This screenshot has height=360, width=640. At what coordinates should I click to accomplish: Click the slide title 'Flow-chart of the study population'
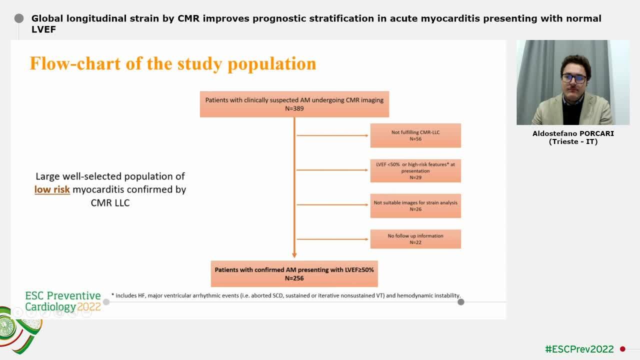pyautogui.click(x=173, y=64)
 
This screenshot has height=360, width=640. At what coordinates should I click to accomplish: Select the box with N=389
pyautogui.click(x=294, y=104)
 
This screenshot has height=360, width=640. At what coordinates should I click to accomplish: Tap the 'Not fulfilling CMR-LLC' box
pyautogui.click(x=415, y=135)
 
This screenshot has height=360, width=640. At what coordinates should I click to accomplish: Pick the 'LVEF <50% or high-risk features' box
pyautogui.click(x=415, y=170)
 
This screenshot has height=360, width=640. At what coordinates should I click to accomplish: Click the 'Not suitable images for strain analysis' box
pyautogui.click(x=415, y=205)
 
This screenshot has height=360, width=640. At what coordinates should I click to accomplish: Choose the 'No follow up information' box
pyautogui.click(x=415, y=239)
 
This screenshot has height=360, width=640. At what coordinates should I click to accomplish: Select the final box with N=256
pyautogui.click(x=294, y=273)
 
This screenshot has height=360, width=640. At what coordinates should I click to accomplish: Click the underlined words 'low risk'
pyautogui.click(x=52, y=189)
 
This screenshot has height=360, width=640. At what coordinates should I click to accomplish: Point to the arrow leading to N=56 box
pyautogui.click(x=332, y=135)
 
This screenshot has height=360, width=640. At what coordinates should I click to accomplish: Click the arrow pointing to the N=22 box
pyautogui.click(x=332, y=239)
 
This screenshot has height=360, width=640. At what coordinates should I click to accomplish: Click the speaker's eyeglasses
pyautogui.click(x=573, y=78)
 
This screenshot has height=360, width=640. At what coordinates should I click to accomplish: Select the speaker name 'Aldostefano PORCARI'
pyautogui.click(x=573, y=133)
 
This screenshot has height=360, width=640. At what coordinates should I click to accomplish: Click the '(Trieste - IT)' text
pyautogui.click(x=573, y=141)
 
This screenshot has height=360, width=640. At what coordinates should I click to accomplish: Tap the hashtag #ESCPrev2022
pyautogui.click(x=579, y=349)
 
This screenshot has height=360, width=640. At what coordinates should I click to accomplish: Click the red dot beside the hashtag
pyautogui.click(x=622, y=349)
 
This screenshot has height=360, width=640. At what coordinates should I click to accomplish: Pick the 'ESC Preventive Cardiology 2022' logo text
pyautogui.click(x=63, y=301)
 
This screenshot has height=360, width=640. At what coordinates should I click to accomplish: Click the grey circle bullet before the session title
pyautogui.click(x=19, y=18)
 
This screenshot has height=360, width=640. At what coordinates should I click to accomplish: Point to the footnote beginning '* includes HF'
pyautogui.click(x=285, y=295)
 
